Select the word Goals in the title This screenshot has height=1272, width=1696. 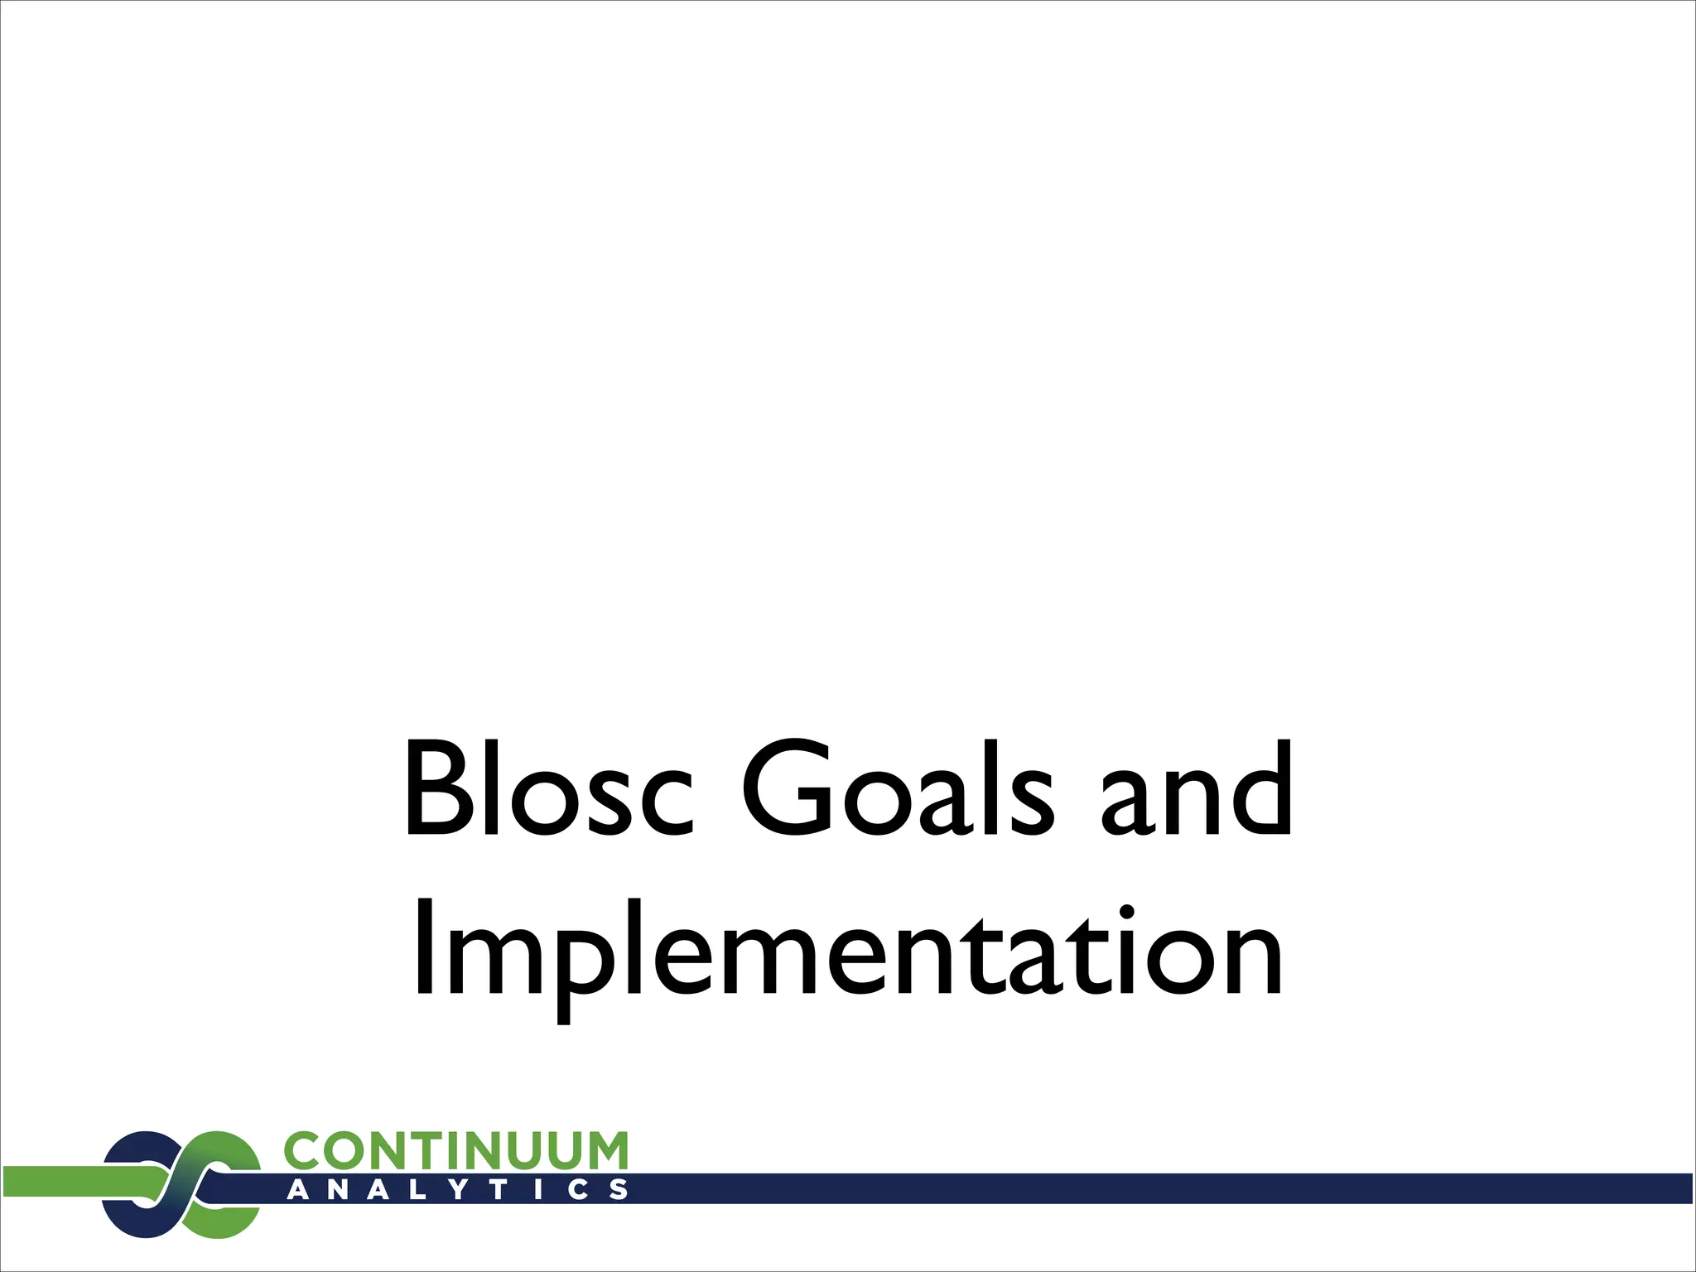point(898,788)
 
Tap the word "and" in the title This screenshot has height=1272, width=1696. point(1196,788)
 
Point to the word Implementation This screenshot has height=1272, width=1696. point(848,952)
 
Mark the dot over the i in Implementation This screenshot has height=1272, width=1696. point(1126,912)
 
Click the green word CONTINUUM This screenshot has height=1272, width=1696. point(455,1152)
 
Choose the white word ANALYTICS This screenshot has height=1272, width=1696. point(457,1190)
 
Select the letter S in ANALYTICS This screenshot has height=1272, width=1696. point(618,1190)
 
